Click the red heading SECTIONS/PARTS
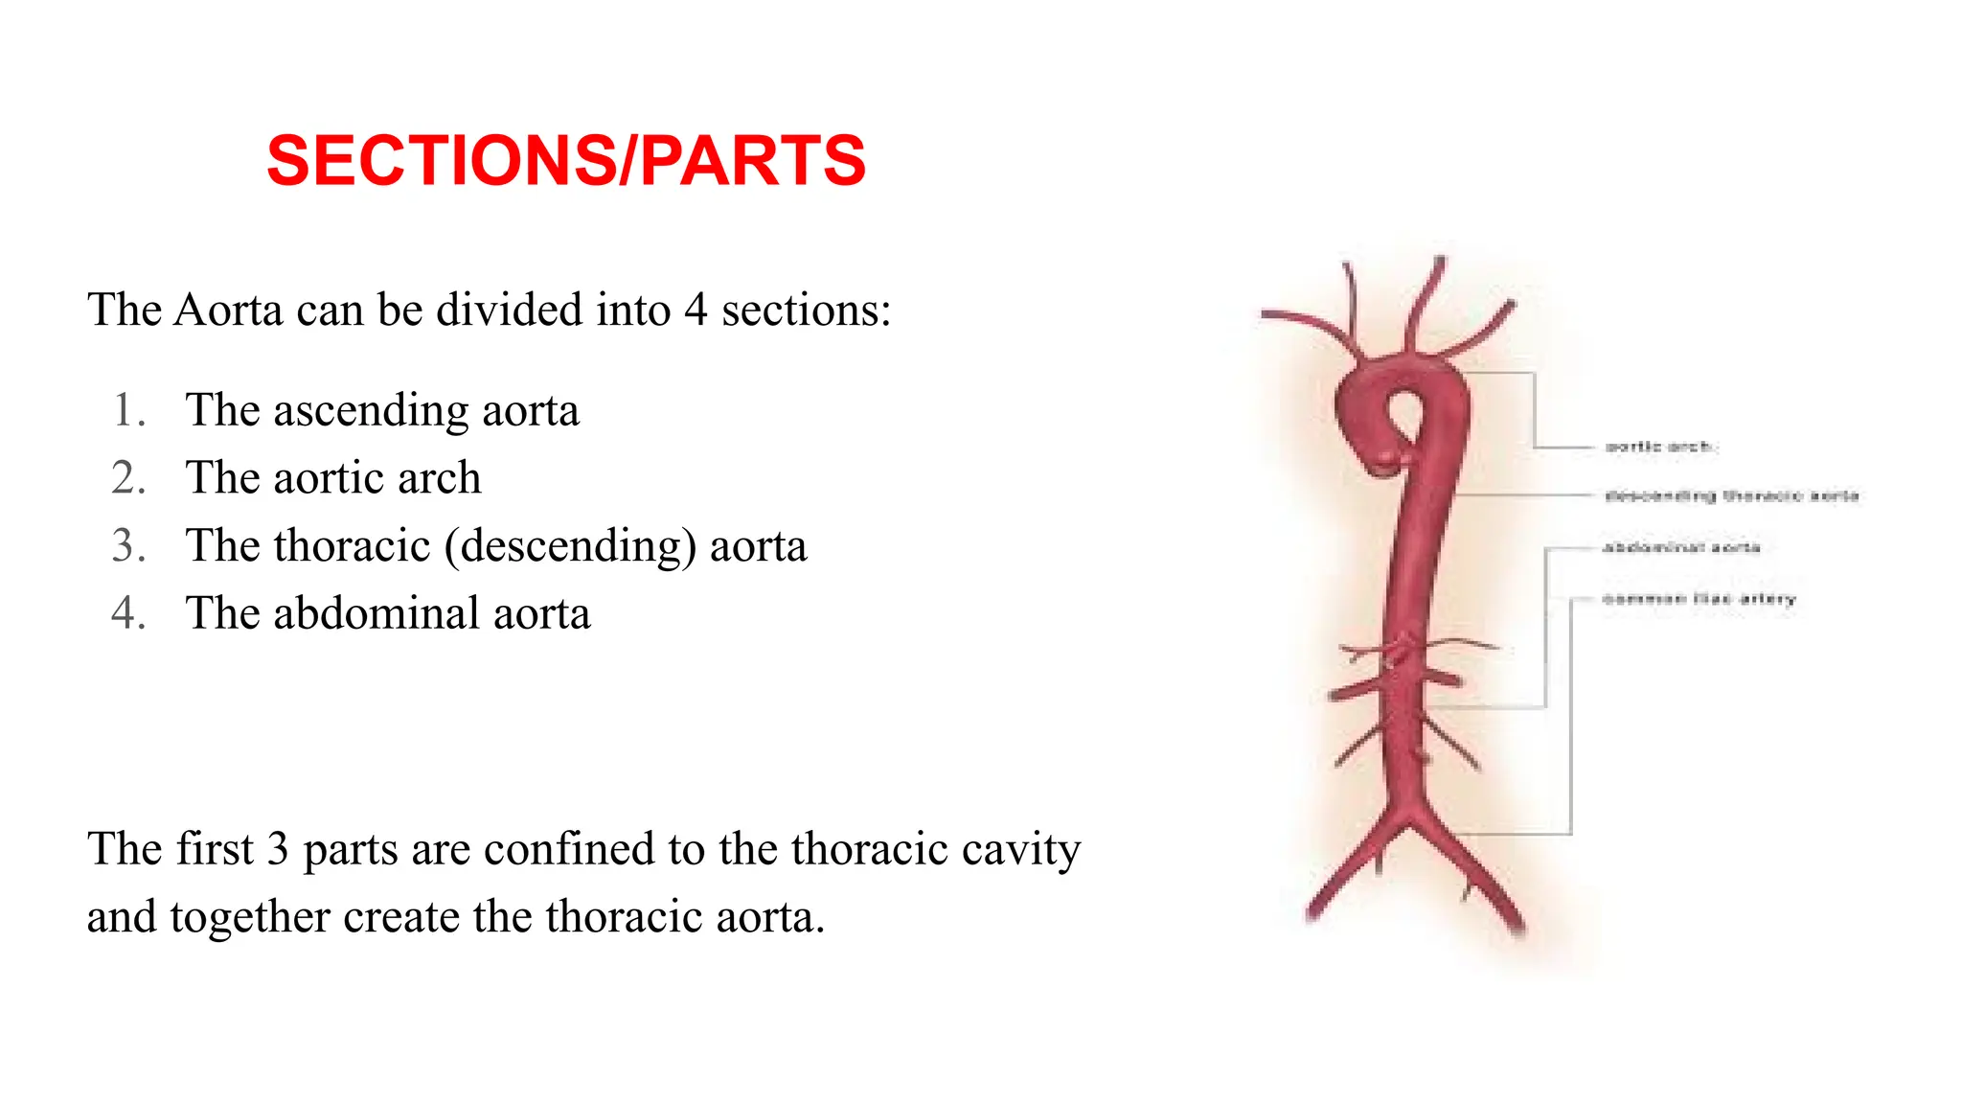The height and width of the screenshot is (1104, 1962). pyautogui.click(x=565, y=160)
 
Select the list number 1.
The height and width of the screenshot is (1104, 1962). pyautogui.click(x=127, y=410)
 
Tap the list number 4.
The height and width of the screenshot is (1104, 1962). pyautogui.click(x=127, y=613)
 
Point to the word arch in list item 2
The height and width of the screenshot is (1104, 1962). pyautogui.click(x=439, y=477)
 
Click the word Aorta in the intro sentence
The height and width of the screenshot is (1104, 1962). pyautogui.click(x=229, y=310)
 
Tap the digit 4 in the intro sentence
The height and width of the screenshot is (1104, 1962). pyautogui.click(x=696, y=310)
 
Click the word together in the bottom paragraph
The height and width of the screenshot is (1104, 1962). pyautogui.click(x=250, y=918)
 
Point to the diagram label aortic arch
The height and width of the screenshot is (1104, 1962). pyautogui.click(x=1659, y=447)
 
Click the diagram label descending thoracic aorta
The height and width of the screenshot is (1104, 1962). pyautogui.click(x=1731, y=495)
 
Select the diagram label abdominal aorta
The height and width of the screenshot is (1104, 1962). pyautogui.click(x=1681, y=547)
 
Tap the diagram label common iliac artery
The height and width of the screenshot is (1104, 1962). pyautogui.click(x=1699, y=599)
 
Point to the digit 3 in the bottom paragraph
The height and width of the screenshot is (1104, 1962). pyautogui.click(x=277, y=850)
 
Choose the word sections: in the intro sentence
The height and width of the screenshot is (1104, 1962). pyautogui.click(x=806, y=310)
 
